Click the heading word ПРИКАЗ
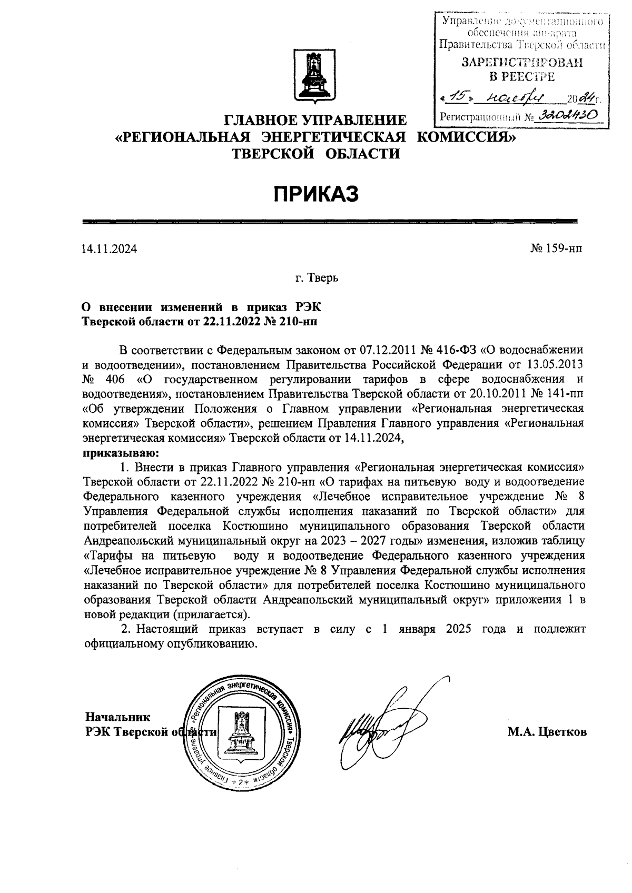315,194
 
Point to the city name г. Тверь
317,277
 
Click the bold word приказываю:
121,452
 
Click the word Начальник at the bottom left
117,717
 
